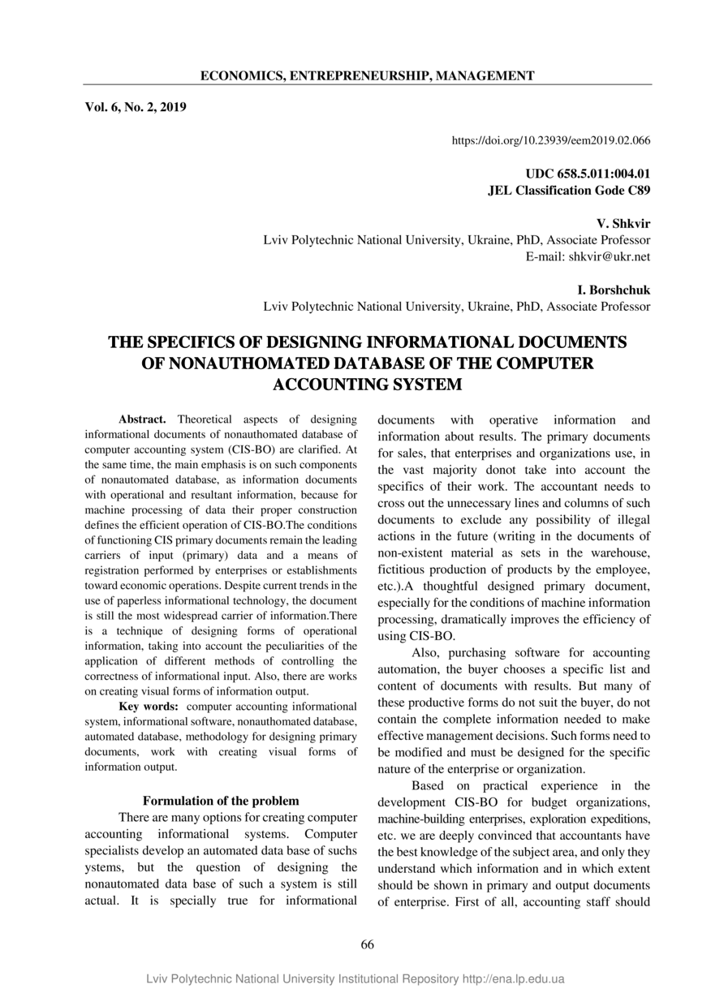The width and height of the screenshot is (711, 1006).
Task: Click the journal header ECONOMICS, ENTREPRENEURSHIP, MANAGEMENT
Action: pos(367,76)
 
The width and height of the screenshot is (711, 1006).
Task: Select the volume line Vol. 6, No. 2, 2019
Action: pos(136,106)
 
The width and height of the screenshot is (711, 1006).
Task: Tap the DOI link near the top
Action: pos(550,140)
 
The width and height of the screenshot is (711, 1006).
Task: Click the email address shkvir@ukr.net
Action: pos(609,256)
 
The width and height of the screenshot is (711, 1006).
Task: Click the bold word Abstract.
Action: pos(142,419)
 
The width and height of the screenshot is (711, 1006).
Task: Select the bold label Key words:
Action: pos(149,706)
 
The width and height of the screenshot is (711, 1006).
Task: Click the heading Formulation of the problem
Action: pos(221,801)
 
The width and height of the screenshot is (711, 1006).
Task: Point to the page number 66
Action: pos(367,944)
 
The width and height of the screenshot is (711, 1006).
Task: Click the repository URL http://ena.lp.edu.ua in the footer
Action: pos(513,979)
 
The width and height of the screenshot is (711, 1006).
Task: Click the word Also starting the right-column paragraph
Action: pos(426,652)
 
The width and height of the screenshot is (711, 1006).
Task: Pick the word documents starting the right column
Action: pos(407,419)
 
